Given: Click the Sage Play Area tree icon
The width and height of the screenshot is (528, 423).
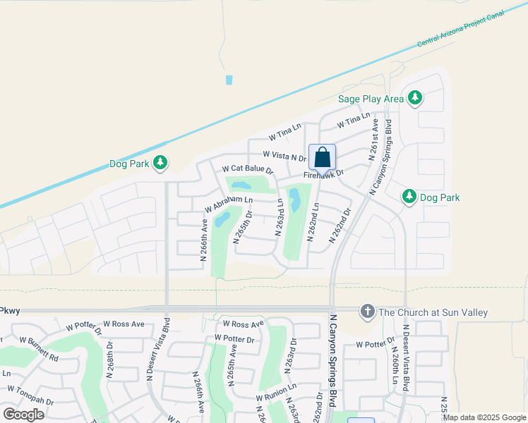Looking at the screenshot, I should pyautogui.click(x=416, y=98).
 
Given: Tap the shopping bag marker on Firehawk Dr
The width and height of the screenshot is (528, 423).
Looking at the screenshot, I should pyautogui.click(x=322, y=158).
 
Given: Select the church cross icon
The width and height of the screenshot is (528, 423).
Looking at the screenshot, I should pyautogui.click(x=366, y=311).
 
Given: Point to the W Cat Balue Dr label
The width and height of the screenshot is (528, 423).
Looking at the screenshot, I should pyautogui.click(x=248, y=170).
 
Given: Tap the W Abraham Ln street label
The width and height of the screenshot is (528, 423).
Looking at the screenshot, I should pyautogui.click(x=228, y=204).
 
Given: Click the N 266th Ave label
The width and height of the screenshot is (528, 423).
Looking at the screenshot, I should pyautogui.click(x=203, y=240).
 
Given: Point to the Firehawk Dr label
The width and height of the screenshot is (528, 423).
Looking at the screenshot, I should pyautogui.click(x=324, y=173).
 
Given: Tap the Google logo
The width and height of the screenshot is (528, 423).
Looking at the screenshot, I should pyautogui.click(x=24, y=415).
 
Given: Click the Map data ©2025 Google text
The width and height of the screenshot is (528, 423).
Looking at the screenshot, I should pyautogui.click(x=484, y=417).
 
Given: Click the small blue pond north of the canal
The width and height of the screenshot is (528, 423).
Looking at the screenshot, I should pyautogui.click(x=229, y=80).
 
